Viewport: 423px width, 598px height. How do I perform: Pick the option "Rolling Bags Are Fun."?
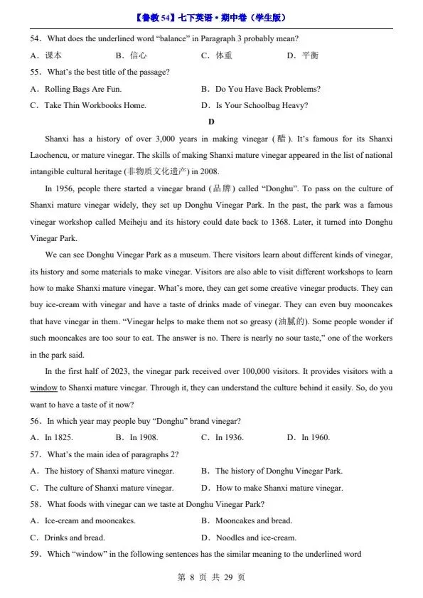coord(82,89)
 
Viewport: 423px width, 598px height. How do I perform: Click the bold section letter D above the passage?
coord(211,122)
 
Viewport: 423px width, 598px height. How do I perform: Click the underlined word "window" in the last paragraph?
coord(43,388)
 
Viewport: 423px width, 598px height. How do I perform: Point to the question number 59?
coord(36,554)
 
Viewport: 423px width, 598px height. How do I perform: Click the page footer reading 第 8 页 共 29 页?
coord(211,577)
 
